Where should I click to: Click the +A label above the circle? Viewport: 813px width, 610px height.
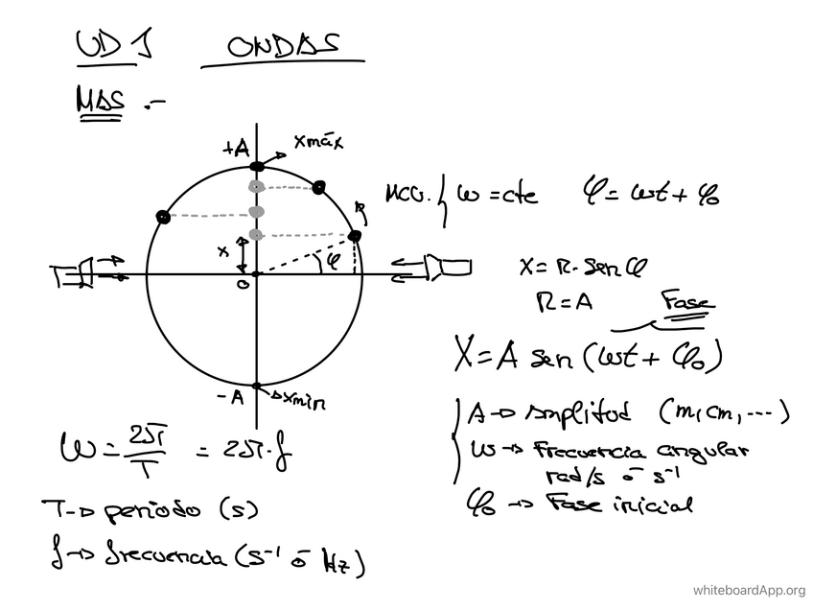pos(236,148)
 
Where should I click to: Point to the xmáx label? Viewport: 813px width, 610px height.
pos(318,145)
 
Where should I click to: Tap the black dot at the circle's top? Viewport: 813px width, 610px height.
pos(255,167)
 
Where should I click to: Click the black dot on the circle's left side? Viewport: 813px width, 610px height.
pos(164,218)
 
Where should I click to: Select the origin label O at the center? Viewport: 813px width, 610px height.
pos(244,284)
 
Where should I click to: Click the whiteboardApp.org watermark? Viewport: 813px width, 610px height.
pos(748,590)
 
